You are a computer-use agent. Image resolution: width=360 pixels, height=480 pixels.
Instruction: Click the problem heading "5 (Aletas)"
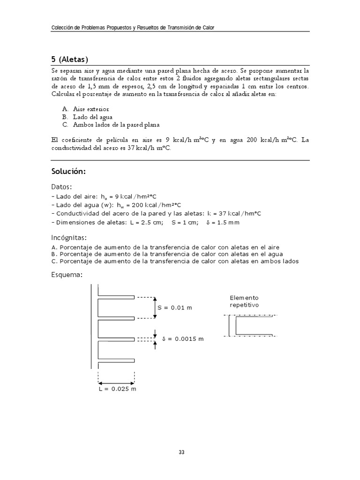coord(69,59)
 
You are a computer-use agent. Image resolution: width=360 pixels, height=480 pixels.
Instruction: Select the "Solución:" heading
coord(68,172)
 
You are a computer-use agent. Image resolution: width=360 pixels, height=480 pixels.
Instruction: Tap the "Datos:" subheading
coord(61,187)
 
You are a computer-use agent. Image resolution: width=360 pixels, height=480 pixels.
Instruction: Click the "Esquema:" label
coord(67,275)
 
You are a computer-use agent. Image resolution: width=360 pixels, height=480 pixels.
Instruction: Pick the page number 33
coord(181,452)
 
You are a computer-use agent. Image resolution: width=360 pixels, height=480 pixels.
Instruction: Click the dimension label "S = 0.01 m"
coord(175,308)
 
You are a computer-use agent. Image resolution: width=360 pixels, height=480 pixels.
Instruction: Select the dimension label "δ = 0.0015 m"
coord(183,338)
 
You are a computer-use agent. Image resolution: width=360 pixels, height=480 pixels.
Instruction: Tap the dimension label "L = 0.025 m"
coord(118,389)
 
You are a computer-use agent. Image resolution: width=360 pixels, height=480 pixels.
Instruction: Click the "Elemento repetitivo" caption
coord(244,301)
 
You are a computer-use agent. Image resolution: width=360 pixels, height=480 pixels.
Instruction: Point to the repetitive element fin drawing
coord(252,326)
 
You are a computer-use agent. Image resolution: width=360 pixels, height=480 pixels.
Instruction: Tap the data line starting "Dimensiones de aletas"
coord(145,222)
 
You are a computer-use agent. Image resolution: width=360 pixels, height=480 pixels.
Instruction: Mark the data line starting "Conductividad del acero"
coord(156,214)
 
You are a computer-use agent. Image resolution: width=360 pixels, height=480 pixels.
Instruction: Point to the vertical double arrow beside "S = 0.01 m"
coord(155,307)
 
